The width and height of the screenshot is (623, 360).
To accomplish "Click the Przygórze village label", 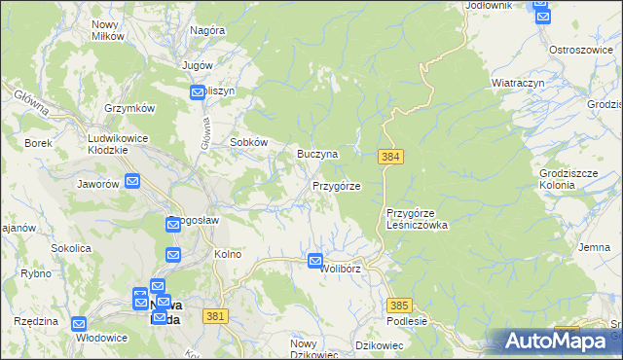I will click(337, 186).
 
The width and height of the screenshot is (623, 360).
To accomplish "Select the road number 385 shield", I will click(399, 305).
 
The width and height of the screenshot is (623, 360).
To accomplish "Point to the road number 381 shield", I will click(216, 316).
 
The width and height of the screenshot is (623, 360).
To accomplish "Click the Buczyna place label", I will click(317, 155).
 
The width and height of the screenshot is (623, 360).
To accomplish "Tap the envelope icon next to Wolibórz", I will click(315, 261).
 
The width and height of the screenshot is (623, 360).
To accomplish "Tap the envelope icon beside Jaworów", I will click(132, 180).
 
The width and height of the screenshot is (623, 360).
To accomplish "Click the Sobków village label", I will click(248, 142).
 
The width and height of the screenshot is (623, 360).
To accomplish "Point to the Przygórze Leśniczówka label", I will click(417, 219).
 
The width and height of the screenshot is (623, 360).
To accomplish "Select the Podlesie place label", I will click(407, 322).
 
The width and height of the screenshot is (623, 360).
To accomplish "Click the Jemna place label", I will click(594, 248).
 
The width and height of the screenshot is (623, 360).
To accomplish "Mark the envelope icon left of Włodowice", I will click(80, 324).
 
